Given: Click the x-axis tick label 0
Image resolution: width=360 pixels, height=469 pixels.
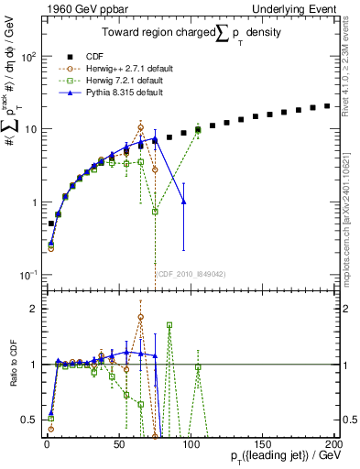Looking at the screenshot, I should (x=47, y=444).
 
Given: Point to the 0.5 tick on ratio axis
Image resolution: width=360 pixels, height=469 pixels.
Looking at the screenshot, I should (x=32, y=420).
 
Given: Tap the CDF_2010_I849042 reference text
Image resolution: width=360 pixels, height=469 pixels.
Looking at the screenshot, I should (x=191, y=273).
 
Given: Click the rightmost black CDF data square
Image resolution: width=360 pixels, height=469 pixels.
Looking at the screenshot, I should (x=327, y=106).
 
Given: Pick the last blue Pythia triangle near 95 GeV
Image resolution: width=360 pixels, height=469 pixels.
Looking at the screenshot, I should (x=184, y=202).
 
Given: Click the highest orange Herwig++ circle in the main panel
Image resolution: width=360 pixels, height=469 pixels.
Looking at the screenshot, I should (x=140, y=127).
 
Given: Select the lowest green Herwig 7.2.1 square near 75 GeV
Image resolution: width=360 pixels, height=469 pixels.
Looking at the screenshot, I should (x=155, y=211).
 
